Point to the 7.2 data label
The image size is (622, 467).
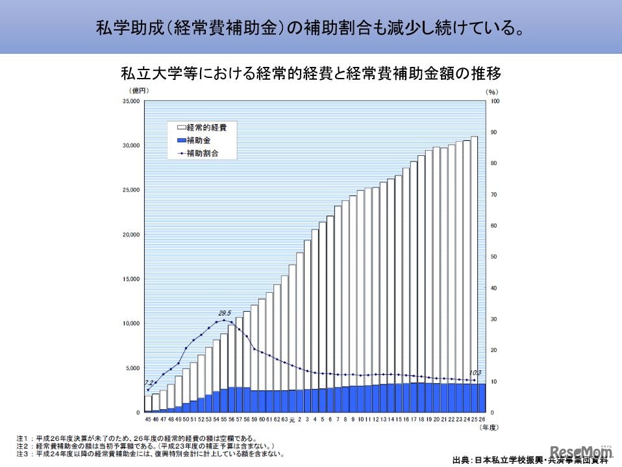coord(149,383)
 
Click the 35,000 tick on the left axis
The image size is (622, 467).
coord(131,101)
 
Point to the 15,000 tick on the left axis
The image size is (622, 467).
coord(131,279)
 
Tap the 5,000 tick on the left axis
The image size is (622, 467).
coord(132,368)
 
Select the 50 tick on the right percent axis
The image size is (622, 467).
coord(493,257)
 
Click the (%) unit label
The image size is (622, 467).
coord(491,91)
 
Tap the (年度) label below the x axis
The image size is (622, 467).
coord(490,427)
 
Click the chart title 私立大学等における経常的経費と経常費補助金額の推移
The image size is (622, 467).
coord(311,73)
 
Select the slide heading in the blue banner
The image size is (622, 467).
coord(310,28)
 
